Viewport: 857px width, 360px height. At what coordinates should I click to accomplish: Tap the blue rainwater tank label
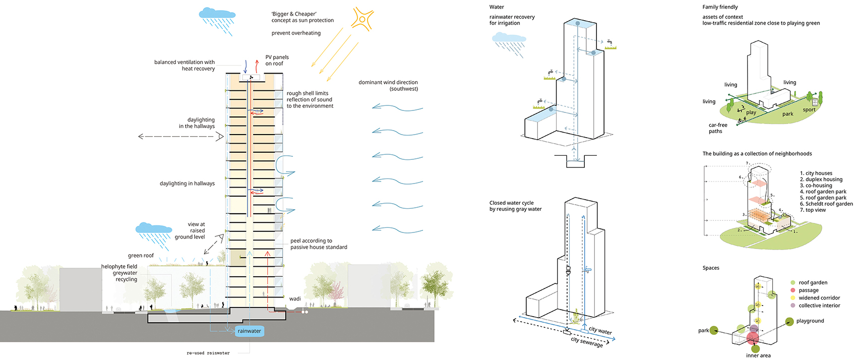click(x=250, y=331)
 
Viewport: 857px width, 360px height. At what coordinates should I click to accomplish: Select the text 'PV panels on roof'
click(x=277, y=61)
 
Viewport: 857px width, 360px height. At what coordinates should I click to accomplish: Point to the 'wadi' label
click(x=294, y=299)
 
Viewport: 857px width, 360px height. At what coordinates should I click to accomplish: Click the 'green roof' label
click(x=141, y=256)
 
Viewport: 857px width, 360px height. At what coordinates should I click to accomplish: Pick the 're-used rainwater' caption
click(x=208, y=353)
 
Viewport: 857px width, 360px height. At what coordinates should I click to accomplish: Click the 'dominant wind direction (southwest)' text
click(x=388, y=85)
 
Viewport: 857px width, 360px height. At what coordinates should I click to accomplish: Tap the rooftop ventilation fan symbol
click(x=251, y=78)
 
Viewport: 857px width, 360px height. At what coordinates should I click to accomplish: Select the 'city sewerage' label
click(x=586, y=342)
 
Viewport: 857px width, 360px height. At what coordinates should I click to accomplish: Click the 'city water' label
click(x=600, y=330)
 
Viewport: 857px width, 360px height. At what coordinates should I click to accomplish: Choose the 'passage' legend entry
click(x=809, y=290)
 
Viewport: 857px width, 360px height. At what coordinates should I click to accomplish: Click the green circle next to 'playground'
click(x=789, y=322)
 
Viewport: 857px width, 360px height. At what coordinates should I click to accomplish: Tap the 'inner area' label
click(x=758, y=355)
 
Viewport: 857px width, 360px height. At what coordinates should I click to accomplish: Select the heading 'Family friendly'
click(x=720, y=7)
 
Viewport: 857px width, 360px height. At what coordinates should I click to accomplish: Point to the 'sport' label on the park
click(x=809, y=110)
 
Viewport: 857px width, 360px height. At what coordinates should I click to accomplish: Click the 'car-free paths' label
click(x=718, y=128)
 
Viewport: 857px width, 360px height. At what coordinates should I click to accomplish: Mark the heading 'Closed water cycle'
click(x=511, y=203)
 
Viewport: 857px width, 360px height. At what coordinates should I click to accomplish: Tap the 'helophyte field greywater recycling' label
click(x=119, y=273)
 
